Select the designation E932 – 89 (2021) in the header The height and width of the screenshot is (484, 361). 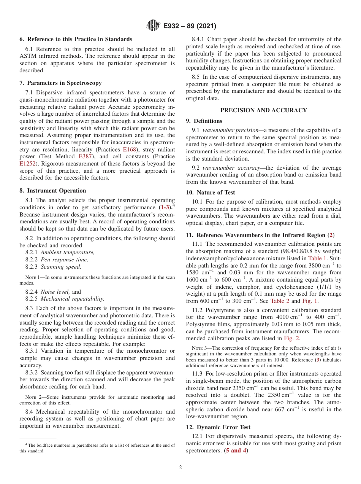pyautogui.click(x=189, y=26)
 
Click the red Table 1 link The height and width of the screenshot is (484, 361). pyautogui.click(x=317, y=258)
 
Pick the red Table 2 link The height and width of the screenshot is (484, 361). pyautogui.click(x=280, y=301)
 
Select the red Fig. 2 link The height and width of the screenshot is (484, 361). pyautogui.click(x=293, y=339)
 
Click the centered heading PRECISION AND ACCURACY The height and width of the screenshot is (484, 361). pyautogui.click(x=264, y=110)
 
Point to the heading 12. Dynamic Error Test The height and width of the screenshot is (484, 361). pyautogui.click(x=218, y=427)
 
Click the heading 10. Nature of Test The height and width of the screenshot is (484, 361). pyautogui.click(x=211, y=193)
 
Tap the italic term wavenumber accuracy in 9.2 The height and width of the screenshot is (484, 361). pyautogui.click(x=228, y=168)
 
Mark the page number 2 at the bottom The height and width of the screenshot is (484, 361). pyautogui.click(x=180, y=468)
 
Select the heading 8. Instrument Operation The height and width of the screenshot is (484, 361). pyautogui.click(x=53, y=191)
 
